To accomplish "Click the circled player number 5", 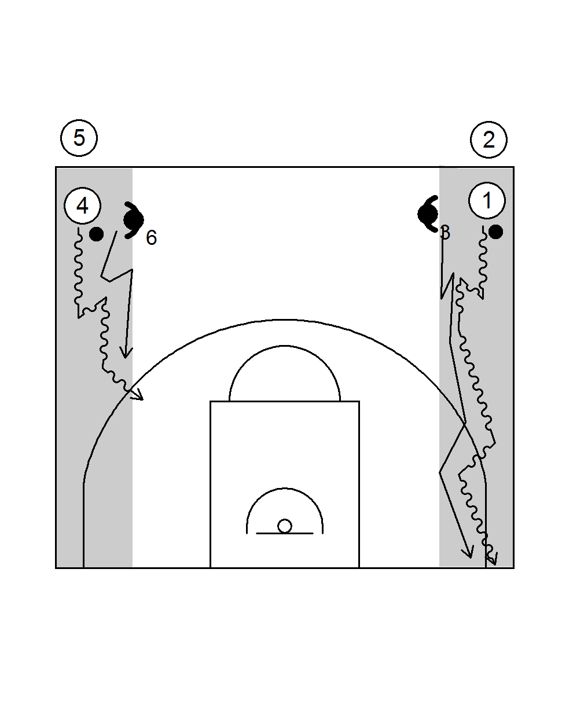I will pyautogui.click(x=79, y=138).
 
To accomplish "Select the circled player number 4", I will pyautogui.click(x=83, y=205).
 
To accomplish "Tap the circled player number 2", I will pyautogui.click(x=488, y=140).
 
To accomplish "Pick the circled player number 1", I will pyautogui.click(x=487, y=201).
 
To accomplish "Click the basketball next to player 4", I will pyautogui.click(x=97, y=234).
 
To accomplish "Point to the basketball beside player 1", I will pyautogui.click(x=495, y=232).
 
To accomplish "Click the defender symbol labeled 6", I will pyautogui.click(x=134, y=220).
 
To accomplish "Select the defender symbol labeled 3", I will pyautogui.click(x=428, y=214).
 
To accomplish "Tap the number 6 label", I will pyautogui.click(x=151, y=237).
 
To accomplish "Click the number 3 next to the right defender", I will pyautogui.click(x=445, y=233).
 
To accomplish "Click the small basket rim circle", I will pyautogui.click(x=285, y=526).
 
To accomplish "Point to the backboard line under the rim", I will pyautogui.click(x=285, y=533).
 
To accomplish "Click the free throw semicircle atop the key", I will pyautogui.click(x=285, y=347).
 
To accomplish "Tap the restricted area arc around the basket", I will pyautogui.click(x=285, y=489).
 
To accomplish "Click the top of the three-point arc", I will pyautogui.click(x=285, y=320).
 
